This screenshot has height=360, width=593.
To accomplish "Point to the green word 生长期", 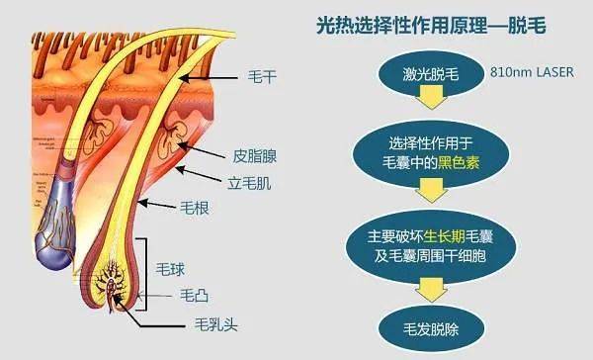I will pyautogui.click(x=418, y=236).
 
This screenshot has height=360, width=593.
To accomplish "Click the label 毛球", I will pyautogui.click(x=171, y=267).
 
